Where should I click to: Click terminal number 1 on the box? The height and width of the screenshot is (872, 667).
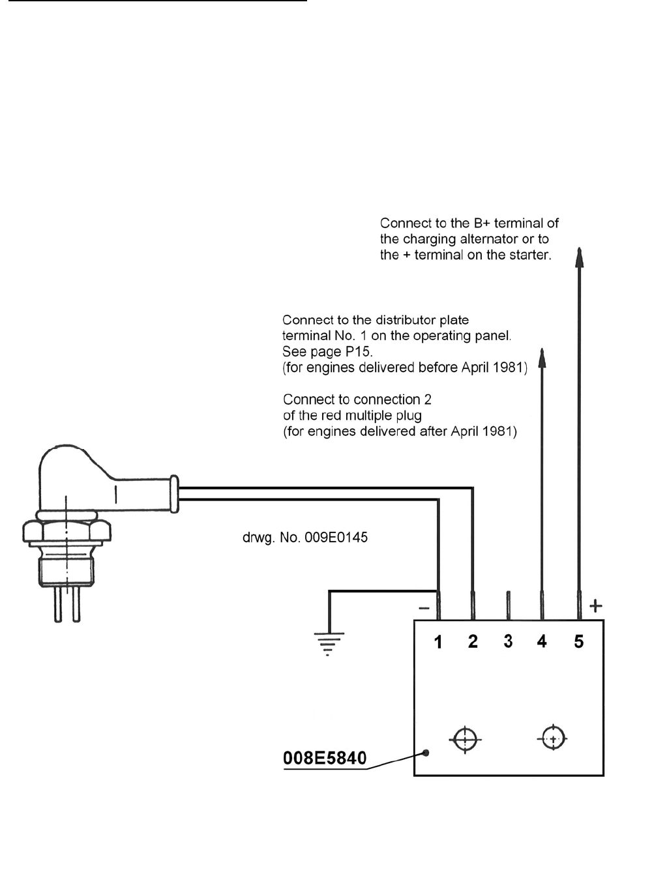tap(438, 642)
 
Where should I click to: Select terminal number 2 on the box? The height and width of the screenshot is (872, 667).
tap(473, 642)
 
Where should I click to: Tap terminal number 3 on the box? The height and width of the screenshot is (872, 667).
tap(508, 641)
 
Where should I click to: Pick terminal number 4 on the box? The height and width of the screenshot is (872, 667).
tap(542, 642)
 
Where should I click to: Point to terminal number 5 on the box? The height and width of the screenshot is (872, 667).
tap(578, 642)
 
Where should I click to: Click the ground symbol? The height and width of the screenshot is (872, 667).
tap(329, 641)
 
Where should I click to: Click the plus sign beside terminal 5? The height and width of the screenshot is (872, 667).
tap(595, 606)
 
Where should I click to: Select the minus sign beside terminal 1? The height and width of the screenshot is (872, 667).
tap(424, 609)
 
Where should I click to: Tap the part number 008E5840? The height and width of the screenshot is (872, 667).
tap(325, 758)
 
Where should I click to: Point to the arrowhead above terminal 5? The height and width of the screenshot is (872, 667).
tap(579, 257)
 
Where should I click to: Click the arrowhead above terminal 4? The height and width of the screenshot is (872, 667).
tap(542, 358)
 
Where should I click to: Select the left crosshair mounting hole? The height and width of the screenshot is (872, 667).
tap(465, 739)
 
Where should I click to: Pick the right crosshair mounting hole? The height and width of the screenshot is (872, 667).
tap(553, 739)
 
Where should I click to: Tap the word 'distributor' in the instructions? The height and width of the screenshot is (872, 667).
tap(402, 320)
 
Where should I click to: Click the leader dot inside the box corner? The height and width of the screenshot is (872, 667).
tap(426, 753)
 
